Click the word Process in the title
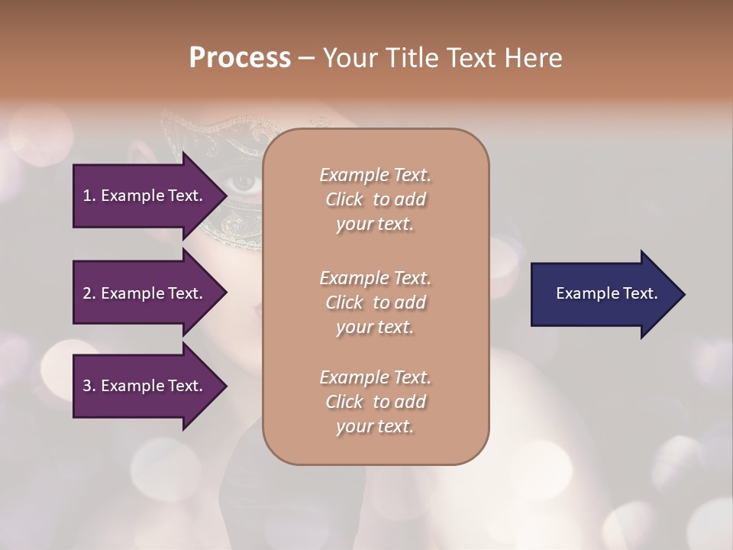pyautogui.click(x=240, y=58)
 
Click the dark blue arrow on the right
pyautogui.click(x=603, y=293)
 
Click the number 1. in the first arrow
pyautogui.click(x=89, y=196)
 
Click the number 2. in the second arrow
pyautogui.click(x=89, y=293)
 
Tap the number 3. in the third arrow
pyautogui.click(x=89, y=386)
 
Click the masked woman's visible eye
pyautogui.click(x=244, y=182)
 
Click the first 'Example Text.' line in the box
pyautogui.click(x=375, y=175)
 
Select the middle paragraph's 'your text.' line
pyautogui.click(x=375, y=327)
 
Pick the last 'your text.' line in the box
pyautogui.click(x=375, y=426)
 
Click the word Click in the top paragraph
pyautogui.click(x=344, y=199)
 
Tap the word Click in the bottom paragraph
pyautogui.click(x=344, y=402)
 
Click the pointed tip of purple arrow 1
pyautogui.click(x=226, y=196)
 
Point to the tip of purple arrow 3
pyautogui.click(x=226, y=386)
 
